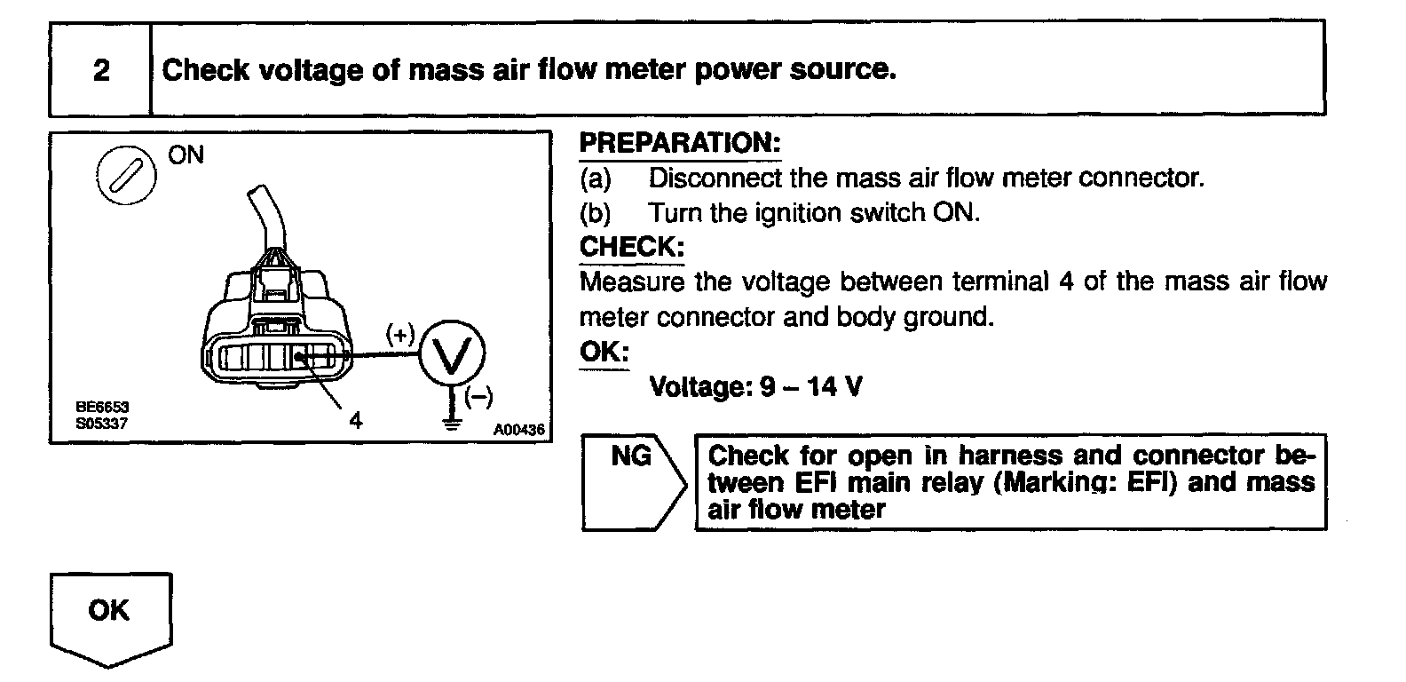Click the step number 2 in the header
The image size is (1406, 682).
(x=101, y=70)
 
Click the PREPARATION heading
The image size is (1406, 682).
(x=679, y=143)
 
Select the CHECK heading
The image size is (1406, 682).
(x=631, y=247)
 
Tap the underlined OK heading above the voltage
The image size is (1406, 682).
(x=603, y=352)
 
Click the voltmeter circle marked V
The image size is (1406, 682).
(x=452, y=356)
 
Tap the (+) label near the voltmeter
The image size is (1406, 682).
(x=400, y=334)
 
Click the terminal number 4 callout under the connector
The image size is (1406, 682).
(x=356, y=419)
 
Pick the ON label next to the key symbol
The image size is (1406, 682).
(x=186, y=155)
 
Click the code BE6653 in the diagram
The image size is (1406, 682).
(x=102, y=408)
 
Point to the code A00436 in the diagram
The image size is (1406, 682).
(x=519, y=430)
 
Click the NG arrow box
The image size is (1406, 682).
(x=631, y=481)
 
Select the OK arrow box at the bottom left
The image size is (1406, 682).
(x=110, y=615)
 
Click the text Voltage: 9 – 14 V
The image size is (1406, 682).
(x=755, y=387)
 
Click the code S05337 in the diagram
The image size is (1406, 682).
(x=102, y=424)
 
